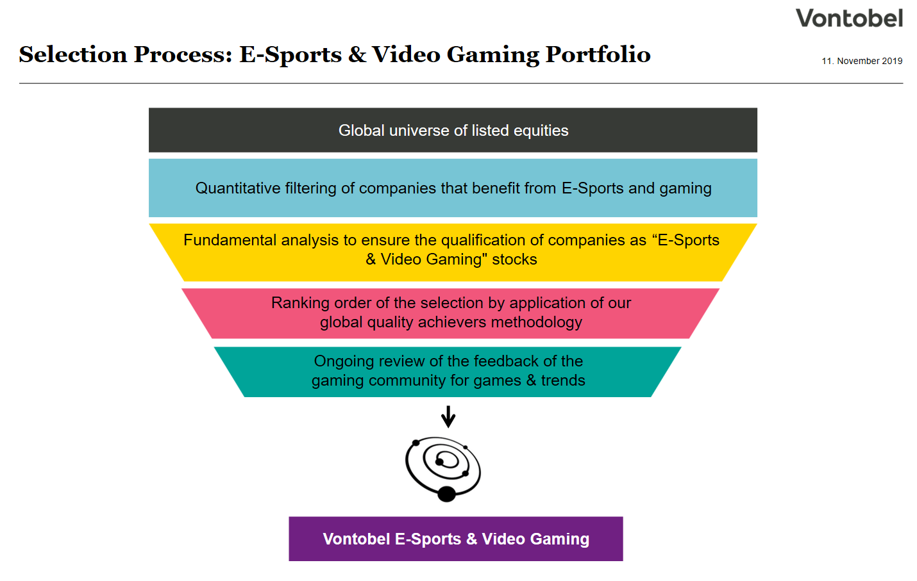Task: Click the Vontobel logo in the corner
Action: point(849,18)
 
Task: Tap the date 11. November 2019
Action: point(862,61)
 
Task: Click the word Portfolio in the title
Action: point(598,55)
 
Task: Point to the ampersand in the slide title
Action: point(357,55)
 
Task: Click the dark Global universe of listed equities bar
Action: point(453,130)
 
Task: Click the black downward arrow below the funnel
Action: point(448,417)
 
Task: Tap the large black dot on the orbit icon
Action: point(446,494)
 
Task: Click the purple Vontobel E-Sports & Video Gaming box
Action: point(455,539)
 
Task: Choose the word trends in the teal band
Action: point(563,381)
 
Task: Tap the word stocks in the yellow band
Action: point(514,259)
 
